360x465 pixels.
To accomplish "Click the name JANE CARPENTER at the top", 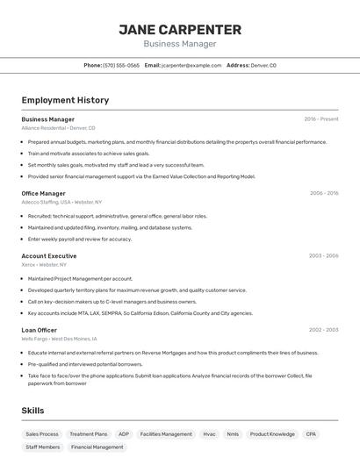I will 179,29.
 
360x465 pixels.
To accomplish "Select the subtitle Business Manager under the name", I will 179,44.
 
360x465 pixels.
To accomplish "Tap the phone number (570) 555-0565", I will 121,65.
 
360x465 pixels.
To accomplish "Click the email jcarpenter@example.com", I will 191,65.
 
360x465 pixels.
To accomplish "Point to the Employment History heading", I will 65,100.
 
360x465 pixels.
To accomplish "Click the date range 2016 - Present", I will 321,118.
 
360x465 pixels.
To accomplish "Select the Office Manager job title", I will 43,193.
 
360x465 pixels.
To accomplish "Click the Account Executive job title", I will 49,255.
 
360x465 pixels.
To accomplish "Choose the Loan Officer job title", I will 39,330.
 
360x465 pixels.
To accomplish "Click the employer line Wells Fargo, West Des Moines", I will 59,339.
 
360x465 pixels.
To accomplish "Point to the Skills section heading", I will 32,410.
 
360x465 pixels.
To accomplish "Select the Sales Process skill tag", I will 42,433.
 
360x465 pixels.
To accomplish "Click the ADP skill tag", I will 124,433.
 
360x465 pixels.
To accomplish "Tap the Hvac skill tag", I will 209,433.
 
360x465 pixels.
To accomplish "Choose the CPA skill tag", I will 311,433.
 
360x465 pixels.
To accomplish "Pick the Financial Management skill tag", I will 97,447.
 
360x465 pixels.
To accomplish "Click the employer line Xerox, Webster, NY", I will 44,264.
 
